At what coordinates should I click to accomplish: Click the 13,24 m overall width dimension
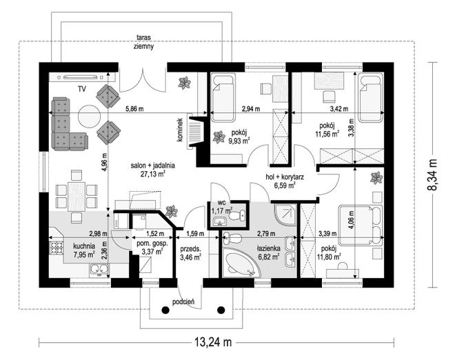[213, 342]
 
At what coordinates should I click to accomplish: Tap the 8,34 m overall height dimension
[432, 174]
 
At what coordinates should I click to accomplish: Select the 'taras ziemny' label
[143, 42]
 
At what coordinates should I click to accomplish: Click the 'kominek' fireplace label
[180, 130]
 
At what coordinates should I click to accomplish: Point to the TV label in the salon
[82, 89]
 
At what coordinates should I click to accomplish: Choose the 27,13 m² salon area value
[152, 174]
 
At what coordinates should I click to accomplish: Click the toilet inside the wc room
[238, 215]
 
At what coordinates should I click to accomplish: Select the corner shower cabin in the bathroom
[285, 215]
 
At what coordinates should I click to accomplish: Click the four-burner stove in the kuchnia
[57, 248]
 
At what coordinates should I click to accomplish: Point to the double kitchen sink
[99, 270]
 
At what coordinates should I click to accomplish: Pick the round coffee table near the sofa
[89, 116]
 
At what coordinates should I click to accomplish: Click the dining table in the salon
[77, 197]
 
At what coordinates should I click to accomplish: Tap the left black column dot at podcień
[165, 310]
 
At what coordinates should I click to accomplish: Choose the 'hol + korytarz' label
[285, 177]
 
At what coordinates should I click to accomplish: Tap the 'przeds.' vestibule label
[191, 249]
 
